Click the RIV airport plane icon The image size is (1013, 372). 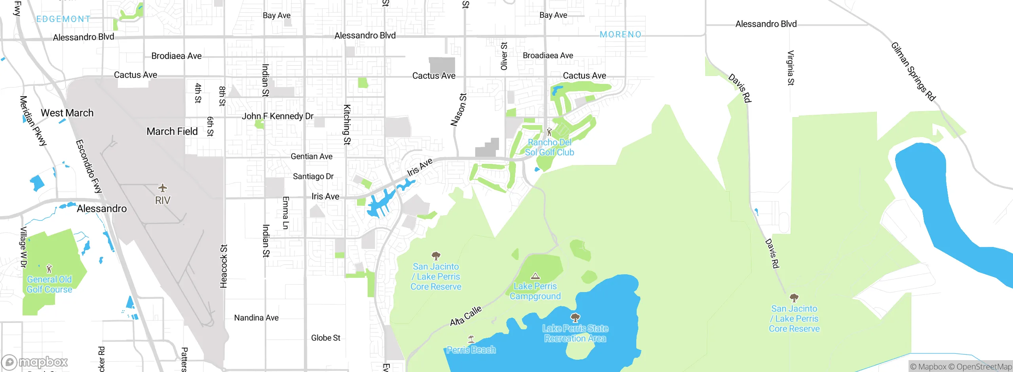click(x=163, y=188)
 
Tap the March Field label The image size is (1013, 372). click(x=172, y=131)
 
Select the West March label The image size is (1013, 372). click(x=67, y=113)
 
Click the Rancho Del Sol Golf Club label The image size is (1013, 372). click(x=550, y=147)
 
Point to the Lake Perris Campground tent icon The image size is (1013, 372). click(x=535, y=276)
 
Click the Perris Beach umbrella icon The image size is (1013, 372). click(x=471, y=339)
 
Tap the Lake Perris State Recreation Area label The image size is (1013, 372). click(x=575, y=333)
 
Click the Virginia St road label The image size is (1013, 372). click(x=791, y=68)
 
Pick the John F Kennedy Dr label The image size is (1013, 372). click(x=277, y=116)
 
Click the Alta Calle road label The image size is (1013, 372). click(x=466, y=316)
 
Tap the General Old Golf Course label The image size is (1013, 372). click(x=49, y=285)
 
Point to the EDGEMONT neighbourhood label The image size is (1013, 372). click(x=63, y=19)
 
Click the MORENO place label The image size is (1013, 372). click(x=620, y=34)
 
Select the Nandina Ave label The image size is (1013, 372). click(x=256, y=318)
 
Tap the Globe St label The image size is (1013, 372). click(x=326, y=338)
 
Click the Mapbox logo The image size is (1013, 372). click(x=35, y=362)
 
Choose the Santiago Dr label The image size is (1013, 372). click(x=313, y=177)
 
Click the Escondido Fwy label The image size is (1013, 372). click(x=89, y=166)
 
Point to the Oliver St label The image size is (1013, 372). click(x=504, y=56)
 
